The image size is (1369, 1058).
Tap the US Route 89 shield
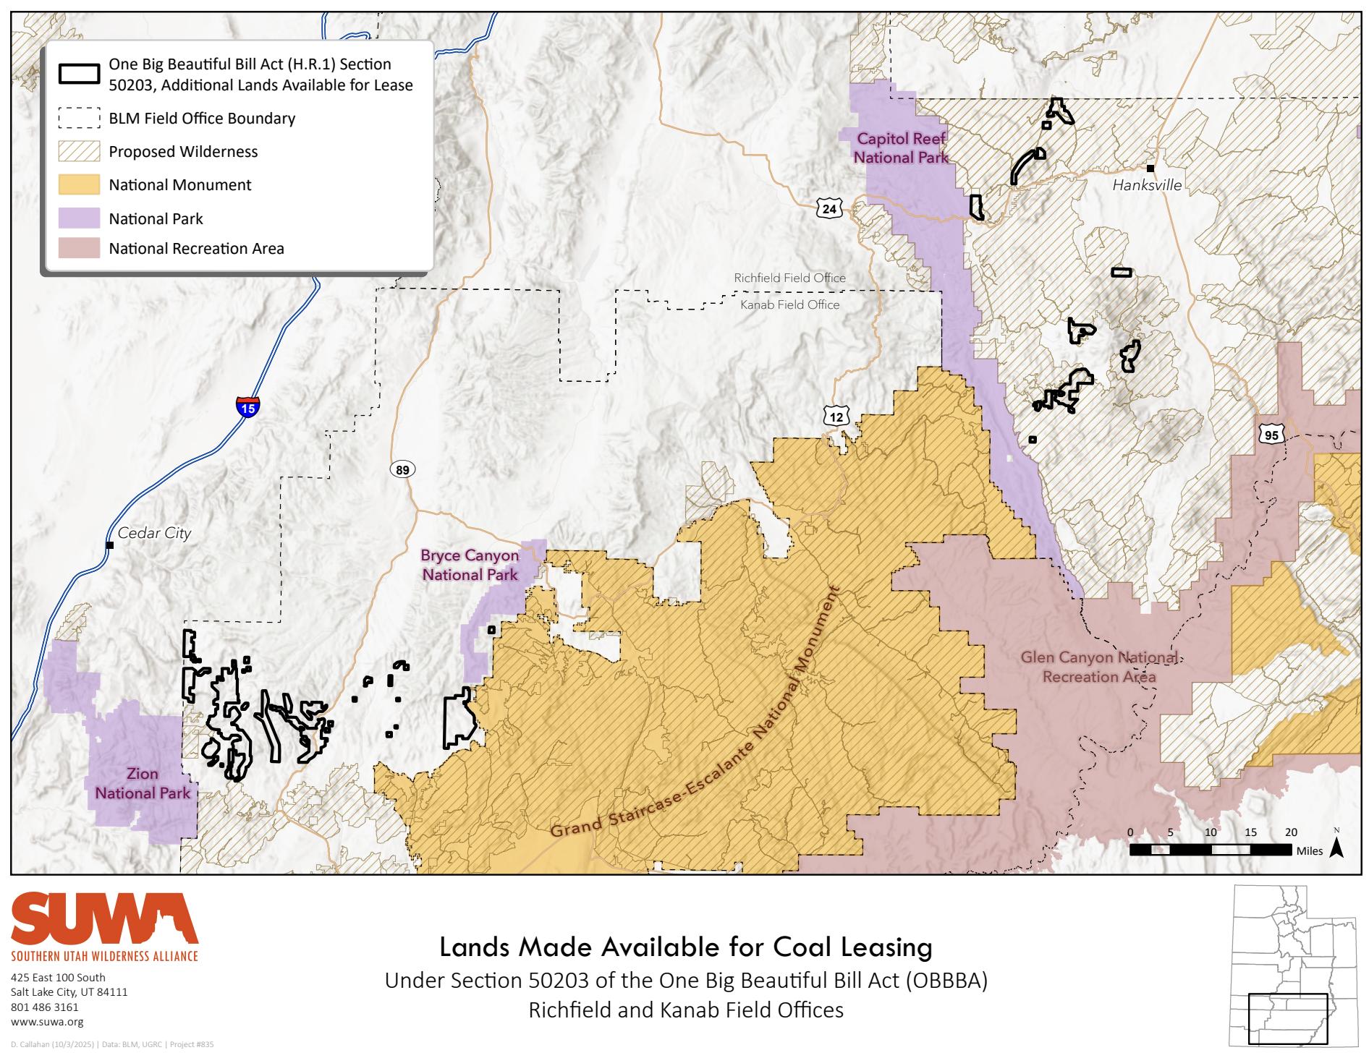[x=403, y=470]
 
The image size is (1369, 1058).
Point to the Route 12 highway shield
[x=836, y=416]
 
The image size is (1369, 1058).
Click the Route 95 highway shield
[x=1271, y=434]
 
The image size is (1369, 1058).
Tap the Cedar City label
[x=154, y=533]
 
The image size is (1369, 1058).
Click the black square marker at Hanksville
[x=1150, y=168]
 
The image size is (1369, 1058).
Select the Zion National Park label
[x=143, y=783]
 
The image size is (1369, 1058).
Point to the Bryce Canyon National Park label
[x=470, y=565]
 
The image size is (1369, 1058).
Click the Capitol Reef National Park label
[x=901, y=148]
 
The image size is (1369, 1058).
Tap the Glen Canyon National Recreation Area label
[x=1098, y=667]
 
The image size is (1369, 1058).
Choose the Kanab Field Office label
[x=789, y=305]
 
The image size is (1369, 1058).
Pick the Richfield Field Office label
[x=789, y=278]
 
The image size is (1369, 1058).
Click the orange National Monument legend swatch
[x=79, y=184]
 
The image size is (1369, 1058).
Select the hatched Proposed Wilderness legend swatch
[x=79, y=151]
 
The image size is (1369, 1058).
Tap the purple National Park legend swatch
[x=79, y=218]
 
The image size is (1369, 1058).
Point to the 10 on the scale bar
[x=1211, y=832]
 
